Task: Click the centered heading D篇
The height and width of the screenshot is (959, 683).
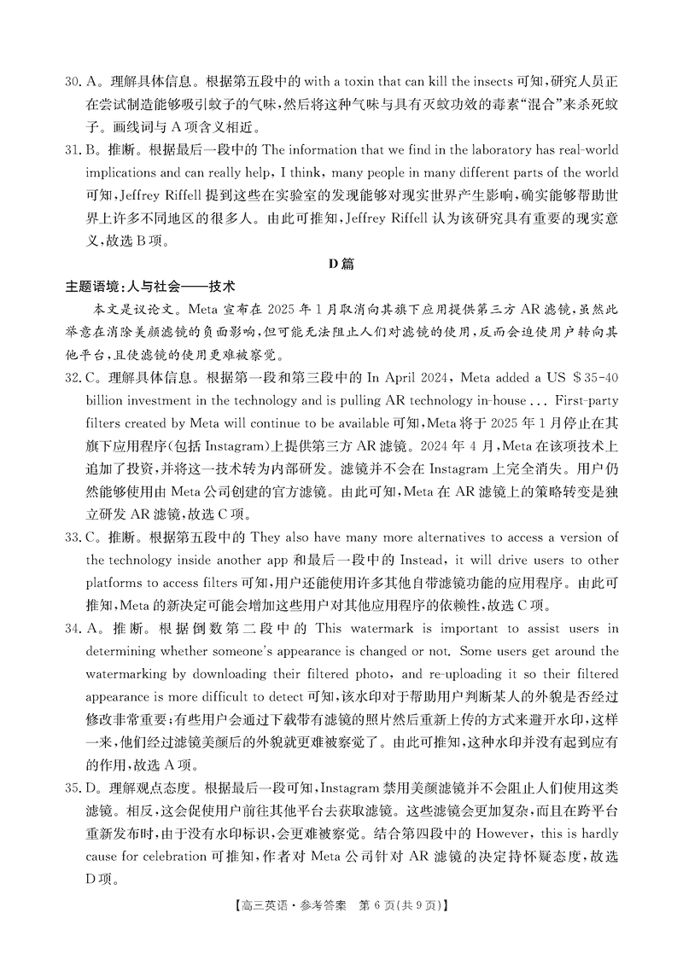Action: pos(341,264)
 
